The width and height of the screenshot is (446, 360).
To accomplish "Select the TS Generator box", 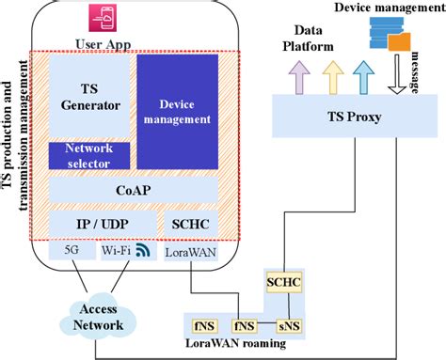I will [x=88, y=98].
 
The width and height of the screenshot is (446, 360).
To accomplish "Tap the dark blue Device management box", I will [x=176, y=112].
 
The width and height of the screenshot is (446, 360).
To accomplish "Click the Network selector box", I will [x=88, y=155].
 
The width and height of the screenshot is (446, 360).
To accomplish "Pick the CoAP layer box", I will [x=132, y=191].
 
